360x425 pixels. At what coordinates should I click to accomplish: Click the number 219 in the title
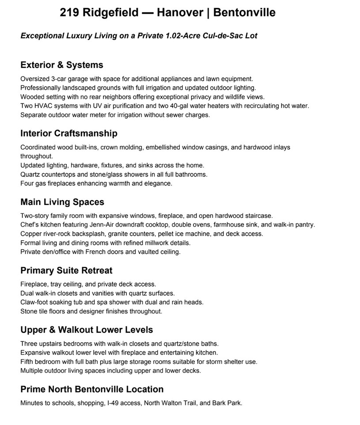(70, 13)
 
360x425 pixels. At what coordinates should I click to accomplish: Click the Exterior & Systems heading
(62, 65)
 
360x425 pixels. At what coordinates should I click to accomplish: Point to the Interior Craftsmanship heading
(69, 133)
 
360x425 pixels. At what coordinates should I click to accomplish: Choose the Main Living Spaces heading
(62, 202)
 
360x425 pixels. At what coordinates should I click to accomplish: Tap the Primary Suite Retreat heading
(66, 270)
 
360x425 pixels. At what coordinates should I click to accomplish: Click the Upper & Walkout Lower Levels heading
(87, 330)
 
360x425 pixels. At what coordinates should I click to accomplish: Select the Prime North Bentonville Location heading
(92, 389)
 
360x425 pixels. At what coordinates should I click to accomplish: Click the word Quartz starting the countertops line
(30, 175)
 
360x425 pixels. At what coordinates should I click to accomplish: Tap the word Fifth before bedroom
(27, 362)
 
